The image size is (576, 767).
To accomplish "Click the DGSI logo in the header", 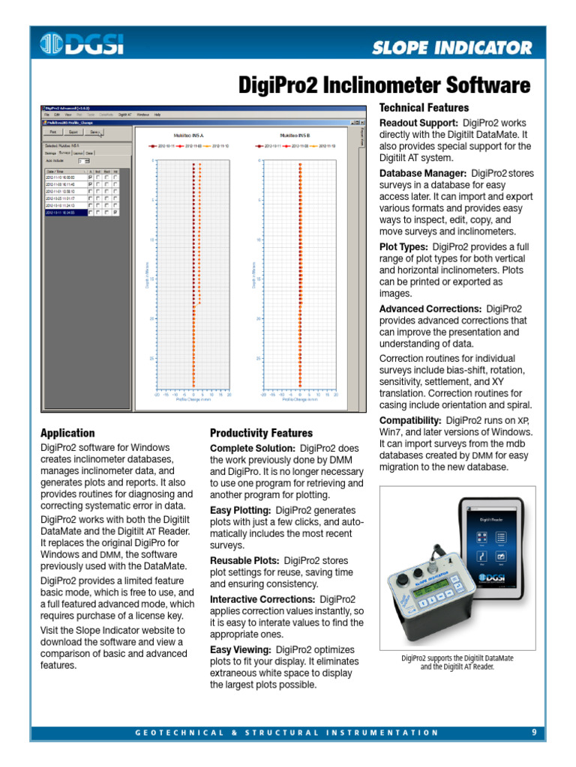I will pos(83,45).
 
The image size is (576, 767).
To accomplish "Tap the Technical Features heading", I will pos(424,108).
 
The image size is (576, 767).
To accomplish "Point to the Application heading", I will pos(67,433).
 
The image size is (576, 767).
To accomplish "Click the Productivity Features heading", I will pos(261,433).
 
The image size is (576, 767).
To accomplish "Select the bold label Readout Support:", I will pos(418,122).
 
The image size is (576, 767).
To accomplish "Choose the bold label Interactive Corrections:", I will pos(262,600).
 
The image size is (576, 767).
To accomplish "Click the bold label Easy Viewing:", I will pos(240,650).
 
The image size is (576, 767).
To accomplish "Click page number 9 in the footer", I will pos(534,733).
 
